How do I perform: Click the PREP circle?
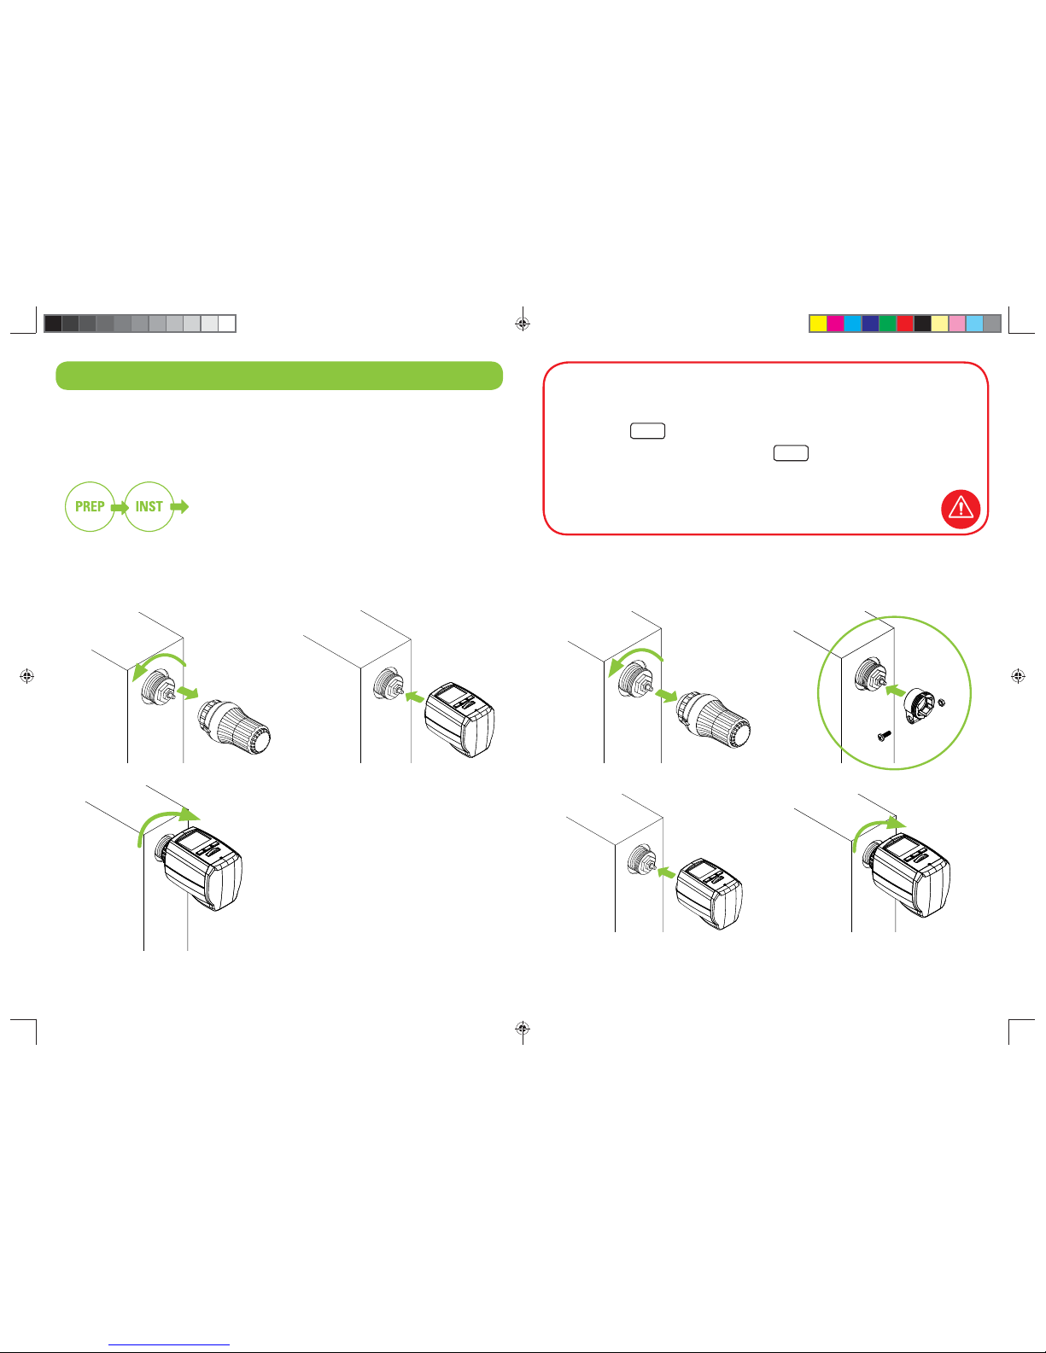pos(90,506)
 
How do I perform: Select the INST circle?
pos(149,506)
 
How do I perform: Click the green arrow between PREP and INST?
pos(119,507)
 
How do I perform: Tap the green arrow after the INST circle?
pos(179,507)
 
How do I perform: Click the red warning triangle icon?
pos(960,509)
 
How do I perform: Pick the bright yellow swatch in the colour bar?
pos(817,324)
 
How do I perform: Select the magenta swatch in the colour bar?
pos(835,324)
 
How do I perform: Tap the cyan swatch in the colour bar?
pos(852,324)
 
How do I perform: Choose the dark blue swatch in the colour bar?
pos(870,324)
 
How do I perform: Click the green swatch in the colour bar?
pos(887,324)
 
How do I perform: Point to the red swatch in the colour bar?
pos(904,324)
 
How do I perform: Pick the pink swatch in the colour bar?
pos(957,324)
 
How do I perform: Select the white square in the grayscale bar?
pos(226,324)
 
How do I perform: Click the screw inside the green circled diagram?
pos(884,736)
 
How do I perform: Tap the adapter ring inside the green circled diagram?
pos(919,705)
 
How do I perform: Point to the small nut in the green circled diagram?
pos(941,703)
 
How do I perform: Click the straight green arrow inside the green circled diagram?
pos(896,691)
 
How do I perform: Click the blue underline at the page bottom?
pos(169,1345)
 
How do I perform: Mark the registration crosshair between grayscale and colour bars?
pos(523,324)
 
